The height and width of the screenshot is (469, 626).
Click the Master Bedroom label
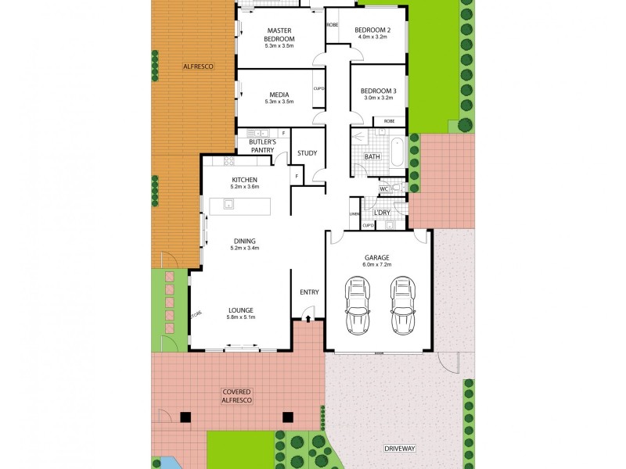click(279, 34)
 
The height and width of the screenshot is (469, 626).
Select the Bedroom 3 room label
click(378, 91)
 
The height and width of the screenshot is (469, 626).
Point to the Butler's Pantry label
click(262, 146)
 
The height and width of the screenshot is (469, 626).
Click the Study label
click(307, 153)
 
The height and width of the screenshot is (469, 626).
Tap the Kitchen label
click(244, 179)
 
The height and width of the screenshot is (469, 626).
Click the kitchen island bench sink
click(228, 205)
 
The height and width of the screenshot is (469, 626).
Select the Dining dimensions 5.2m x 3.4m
click(244, 248)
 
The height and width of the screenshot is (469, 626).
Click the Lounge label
click(241, 310)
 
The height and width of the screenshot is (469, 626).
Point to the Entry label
click(309, 292)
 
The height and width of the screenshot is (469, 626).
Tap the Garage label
click(376, 257)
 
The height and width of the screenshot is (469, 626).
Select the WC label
click(384, 189)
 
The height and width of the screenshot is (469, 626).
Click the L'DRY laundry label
click(382, 213)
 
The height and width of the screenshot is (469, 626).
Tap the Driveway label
click(399, 449)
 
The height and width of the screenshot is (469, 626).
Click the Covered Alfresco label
click(236, 396)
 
